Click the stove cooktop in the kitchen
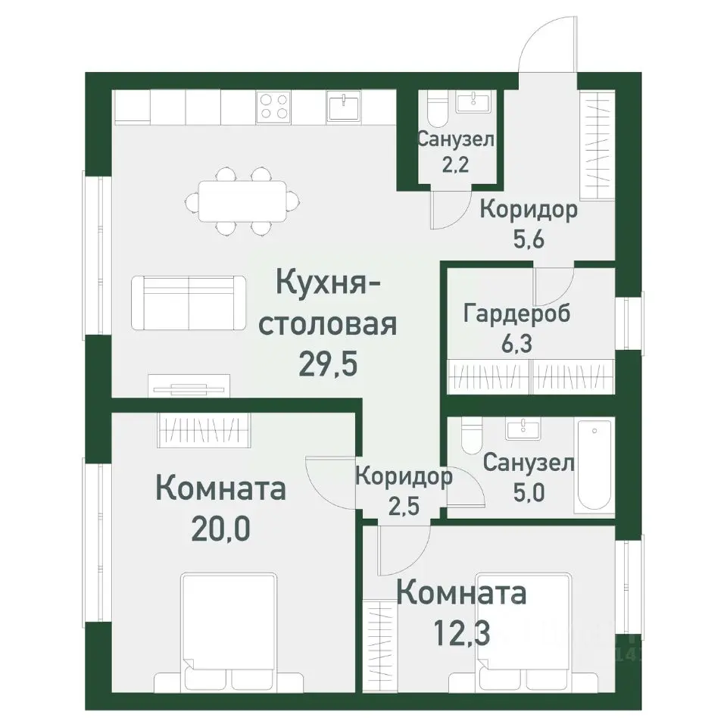[x=273, y=105]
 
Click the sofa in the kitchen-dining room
[x=188, y=303]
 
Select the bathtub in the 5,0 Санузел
[x=596, y=466]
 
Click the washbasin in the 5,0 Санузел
[x=523, y=429]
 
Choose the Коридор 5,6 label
[x=529, y=224]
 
